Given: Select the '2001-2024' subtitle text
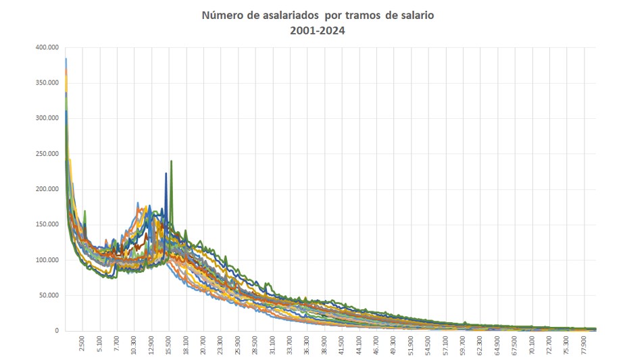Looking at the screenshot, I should coord(318,30).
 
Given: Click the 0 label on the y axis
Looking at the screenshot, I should coord(57,331).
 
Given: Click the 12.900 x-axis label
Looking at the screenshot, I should coord(151,345).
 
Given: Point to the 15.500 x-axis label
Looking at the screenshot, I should coord(169,345).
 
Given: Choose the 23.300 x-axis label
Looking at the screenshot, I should coord(221,345).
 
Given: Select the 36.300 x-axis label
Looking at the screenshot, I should coord(307,345).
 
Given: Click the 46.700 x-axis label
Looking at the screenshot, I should coord(377,345).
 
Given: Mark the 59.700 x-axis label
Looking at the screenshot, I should coord(464,345).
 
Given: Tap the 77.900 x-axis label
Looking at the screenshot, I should coord(585,345).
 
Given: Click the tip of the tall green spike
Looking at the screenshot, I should coord(172,161).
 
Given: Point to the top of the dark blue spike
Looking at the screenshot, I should coord(166,173).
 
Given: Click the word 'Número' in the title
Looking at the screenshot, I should coord(222,15).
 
